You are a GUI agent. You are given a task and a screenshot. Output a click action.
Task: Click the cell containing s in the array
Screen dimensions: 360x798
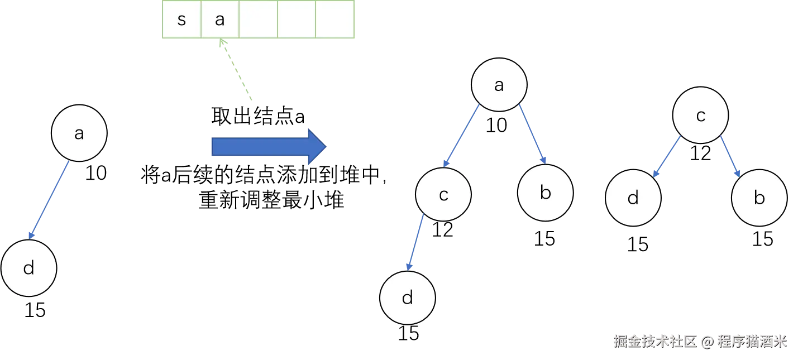click(x=181, y=20)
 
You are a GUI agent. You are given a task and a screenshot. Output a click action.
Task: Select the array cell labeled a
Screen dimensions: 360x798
click(x=219, y=20)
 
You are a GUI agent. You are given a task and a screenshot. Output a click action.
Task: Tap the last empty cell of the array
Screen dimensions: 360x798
click(x=335, y=20)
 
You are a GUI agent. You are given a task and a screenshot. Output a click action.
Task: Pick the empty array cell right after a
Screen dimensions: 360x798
click(x=258, y=20)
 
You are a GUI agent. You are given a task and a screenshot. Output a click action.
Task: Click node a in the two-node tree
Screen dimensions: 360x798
click(x=79, y=133)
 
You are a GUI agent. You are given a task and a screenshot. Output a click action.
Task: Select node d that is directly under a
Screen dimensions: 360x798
click(x=29, y=268)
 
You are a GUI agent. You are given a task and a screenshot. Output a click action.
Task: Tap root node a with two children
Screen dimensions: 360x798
click(x=499, y=85)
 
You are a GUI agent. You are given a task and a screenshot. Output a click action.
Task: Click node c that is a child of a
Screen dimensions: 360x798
click(x=444, y=195)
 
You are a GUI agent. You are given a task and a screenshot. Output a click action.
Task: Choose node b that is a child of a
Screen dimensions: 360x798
click(x=546, y=193)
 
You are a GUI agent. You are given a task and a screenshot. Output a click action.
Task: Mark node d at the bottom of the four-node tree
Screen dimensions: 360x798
click(x=408, y=297)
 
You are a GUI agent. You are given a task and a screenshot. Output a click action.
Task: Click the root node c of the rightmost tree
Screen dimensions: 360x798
click(x=700, y=115)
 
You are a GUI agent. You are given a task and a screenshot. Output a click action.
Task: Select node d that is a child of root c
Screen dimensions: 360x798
click(x=633, y=198)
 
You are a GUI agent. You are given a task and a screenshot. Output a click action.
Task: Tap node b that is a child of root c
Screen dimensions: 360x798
click(x=759, y=198)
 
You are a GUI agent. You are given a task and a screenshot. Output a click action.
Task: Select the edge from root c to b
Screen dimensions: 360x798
click(x=730, y=157)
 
